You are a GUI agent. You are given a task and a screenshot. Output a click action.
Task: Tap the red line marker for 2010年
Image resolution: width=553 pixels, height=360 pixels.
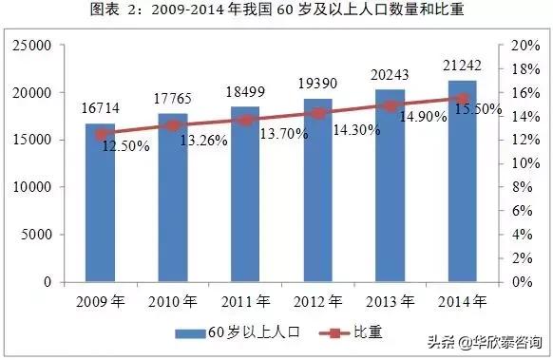172,125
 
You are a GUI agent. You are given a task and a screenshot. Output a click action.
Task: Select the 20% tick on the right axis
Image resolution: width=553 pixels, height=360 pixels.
524,46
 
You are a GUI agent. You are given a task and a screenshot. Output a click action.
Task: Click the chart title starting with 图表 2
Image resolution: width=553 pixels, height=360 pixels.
276,10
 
